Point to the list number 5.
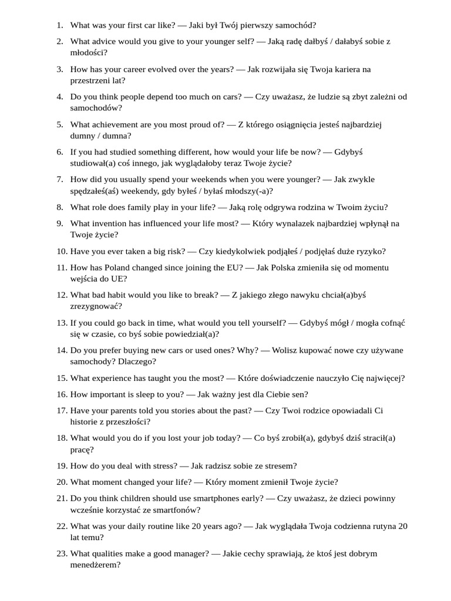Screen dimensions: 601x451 (60, 124)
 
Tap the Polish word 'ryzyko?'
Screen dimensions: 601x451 (369, 251)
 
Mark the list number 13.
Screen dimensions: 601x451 (62, 323)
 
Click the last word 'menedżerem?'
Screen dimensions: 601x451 (95, 564)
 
